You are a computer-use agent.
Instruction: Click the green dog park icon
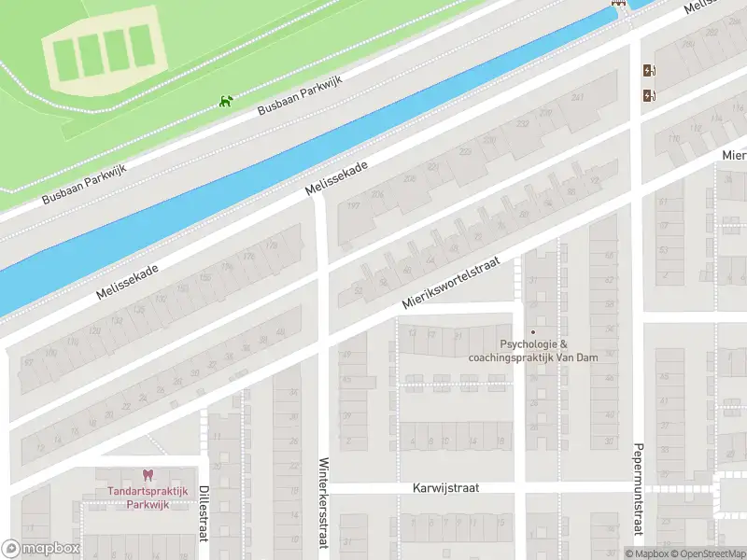point(225,101)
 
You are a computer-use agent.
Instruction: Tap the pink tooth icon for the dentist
point(146,476)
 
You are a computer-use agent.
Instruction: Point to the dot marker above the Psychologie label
point(533,331)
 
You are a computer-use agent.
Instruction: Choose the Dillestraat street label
point(203,511)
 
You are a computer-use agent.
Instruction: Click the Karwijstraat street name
point(450,488)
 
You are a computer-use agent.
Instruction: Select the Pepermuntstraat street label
point(638,490)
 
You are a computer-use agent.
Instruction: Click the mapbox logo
point(41,549)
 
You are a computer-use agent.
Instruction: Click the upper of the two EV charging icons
point(648,71)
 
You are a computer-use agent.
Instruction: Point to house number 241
point(577,98)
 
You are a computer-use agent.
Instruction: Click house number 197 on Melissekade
point(352,205)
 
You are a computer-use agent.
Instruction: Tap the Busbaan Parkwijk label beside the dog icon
point(301,96)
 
